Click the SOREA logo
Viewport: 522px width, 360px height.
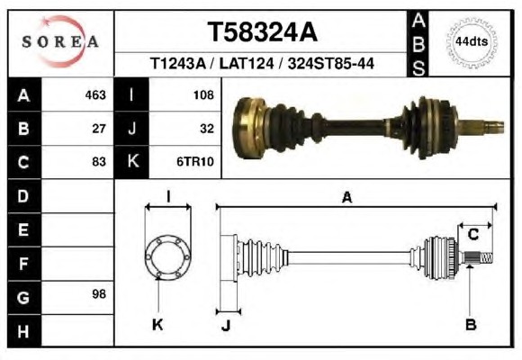click(60, 41)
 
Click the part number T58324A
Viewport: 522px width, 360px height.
click(262, 32)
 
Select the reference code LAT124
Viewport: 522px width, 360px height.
click(247, 63)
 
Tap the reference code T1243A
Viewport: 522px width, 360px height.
click(178, 63)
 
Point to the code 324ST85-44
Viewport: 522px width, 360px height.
click(331, 63)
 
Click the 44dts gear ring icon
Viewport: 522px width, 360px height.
click(472, 42)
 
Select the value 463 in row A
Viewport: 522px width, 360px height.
click(95, 95)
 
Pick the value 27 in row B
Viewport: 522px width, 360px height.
click(99, 129)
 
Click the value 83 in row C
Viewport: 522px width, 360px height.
click(99, 162)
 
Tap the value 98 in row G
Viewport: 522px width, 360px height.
click(99, 294)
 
